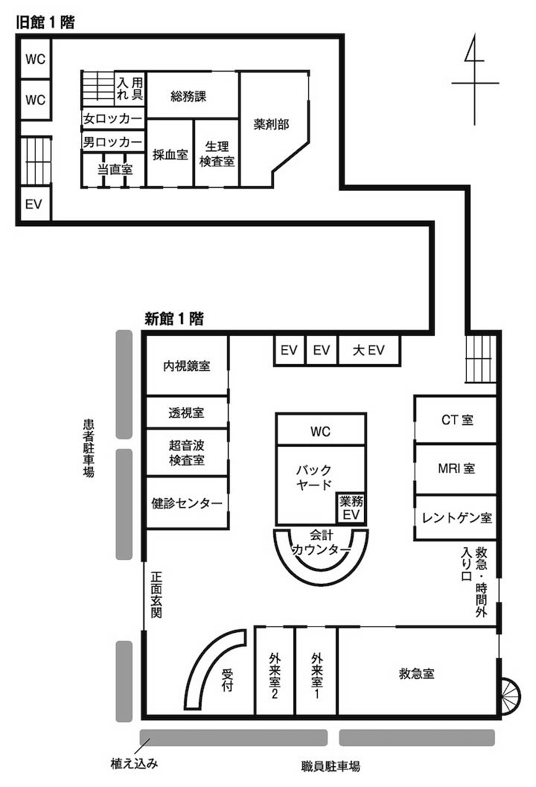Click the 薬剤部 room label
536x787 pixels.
click(x=271, y=124)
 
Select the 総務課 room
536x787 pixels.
click(x=192, y=95)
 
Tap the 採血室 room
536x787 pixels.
click(x=170, y=153)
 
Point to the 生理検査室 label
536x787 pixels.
click(x=217, y=153)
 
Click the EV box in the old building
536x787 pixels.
click(x=34, y=204)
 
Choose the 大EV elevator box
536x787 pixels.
click(x=369, y=350)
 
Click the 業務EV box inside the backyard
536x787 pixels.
click(x=351, y=508)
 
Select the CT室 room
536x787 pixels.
click(x=456, y=420)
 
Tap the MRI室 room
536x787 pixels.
click(x=456, y=469)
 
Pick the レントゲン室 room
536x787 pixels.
click(x=456, y=517)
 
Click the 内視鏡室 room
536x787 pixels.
click(x=187, y=366)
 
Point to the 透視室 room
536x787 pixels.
click(x=187, y=412)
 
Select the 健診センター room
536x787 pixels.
click(x=187, y=503)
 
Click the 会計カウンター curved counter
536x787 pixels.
click(x=321, y=576)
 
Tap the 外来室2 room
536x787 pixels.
click(x=275, y=671)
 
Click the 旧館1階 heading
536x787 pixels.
click(x=45, y=22)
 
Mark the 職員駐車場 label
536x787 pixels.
click(x=331, y=766)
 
